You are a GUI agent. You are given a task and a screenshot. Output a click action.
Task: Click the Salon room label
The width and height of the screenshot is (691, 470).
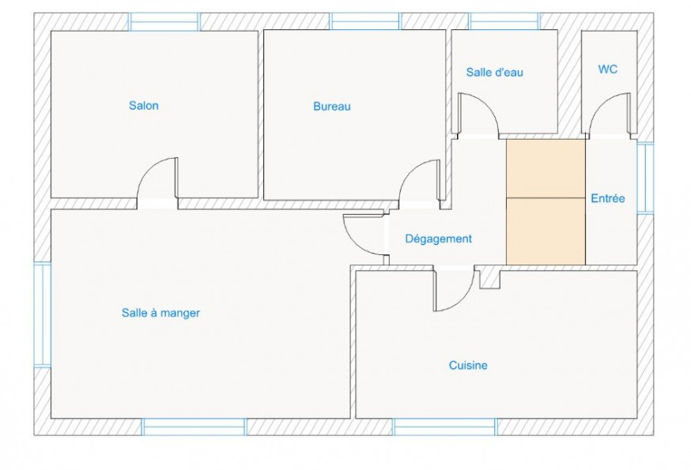point(144,106)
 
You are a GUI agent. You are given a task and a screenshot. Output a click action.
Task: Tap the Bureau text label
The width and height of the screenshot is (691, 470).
point(332,106)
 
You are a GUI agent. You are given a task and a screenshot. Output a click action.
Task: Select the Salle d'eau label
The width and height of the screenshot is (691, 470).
point(494,72)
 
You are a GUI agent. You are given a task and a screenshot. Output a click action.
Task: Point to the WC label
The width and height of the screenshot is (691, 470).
point(608,70)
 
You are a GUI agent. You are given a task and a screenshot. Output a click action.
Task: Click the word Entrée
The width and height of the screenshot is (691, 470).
point(608,198)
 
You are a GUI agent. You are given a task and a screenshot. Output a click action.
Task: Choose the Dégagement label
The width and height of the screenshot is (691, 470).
point(439,239)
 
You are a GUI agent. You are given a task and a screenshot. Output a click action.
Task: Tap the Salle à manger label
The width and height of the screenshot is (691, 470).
point(160,313)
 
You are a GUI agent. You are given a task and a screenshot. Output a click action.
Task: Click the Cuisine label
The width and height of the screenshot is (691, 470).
point(468,365)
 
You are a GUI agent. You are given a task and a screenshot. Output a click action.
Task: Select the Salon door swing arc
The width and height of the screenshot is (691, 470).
point(147,169)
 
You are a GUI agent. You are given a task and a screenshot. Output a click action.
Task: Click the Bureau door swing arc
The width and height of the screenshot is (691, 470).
point(408,171)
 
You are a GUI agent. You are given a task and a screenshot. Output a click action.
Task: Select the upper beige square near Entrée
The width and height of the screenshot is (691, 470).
point(546,169)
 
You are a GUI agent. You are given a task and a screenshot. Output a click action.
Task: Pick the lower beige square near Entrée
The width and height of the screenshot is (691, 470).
point(546,231)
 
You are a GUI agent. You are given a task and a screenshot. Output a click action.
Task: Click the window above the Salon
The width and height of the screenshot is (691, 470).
point(164,21)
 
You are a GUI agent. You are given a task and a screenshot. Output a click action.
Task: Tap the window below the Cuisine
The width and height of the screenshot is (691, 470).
point(444,427)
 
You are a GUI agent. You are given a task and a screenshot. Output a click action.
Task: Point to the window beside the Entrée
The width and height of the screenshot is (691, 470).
point(645,178)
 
